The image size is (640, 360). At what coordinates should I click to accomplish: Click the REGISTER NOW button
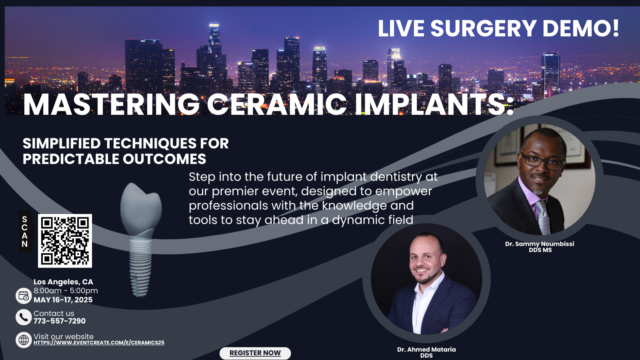tap(255, 353)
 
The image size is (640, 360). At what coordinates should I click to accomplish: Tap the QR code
tap(65, 241)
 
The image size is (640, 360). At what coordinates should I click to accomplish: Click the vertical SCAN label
tap(25, 232)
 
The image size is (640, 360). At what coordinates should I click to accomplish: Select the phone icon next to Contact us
tap(24, 317)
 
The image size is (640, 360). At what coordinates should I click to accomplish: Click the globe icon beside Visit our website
tap(24, 340)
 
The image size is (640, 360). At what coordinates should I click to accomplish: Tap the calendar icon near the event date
tap(24, 296)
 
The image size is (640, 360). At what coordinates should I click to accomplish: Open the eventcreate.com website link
tap(99, 342)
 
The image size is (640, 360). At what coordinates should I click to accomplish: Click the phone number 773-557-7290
tap(60, 321)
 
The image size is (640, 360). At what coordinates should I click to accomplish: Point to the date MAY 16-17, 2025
tap(63, 300)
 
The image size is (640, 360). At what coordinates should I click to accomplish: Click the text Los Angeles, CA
tap(64, 282)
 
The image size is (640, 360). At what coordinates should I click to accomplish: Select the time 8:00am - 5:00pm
tap(66, 291)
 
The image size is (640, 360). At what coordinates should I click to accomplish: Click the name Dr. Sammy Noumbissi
tap(540, 244)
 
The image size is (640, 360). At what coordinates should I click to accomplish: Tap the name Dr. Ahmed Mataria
tap(426, 350)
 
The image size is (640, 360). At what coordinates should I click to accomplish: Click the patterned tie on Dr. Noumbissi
tap(542, 217)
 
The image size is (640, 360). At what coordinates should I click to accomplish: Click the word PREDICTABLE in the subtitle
tap(70, 159)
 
